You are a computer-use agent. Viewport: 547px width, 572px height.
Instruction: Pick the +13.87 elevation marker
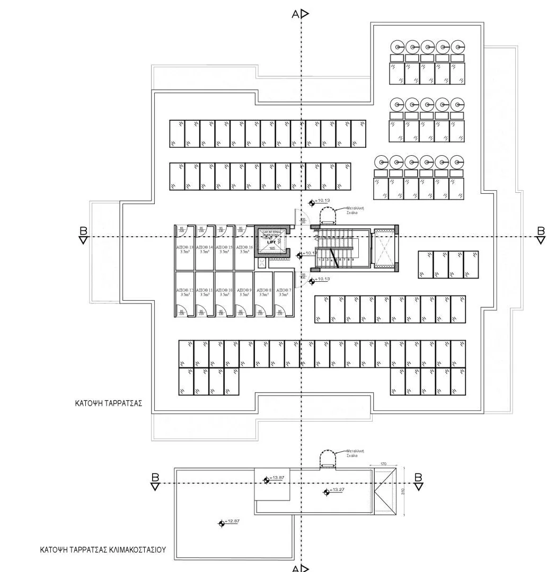pos(267,480)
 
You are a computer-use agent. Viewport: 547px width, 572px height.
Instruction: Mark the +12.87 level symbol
pos(222,523)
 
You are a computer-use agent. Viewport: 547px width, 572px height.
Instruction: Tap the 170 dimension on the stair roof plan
pos(384,464)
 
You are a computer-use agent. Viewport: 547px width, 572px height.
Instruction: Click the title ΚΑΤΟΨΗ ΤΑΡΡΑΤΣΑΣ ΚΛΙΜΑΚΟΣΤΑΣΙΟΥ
pos(103,550)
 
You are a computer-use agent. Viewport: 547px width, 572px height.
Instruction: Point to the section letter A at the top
pos(296,14)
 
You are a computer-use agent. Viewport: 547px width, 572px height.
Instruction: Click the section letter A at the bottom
pos(296,568)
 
